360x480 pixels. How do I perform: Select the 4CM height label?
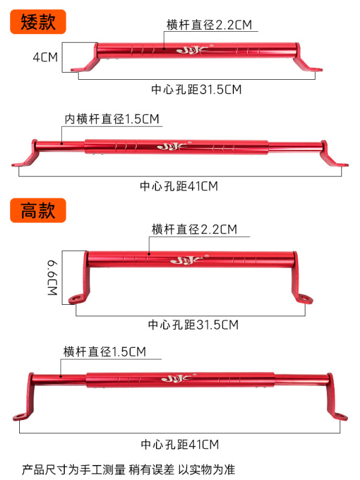(x=45, y=58)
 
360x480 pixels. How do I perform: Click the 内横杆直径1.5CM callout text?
(x=112, y=119)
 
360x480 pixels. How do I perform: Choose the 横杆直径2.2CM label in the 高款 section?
(x=194, y=229)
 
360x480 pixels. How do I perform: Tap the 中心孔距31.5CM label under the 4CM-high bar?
(x=196, y=89)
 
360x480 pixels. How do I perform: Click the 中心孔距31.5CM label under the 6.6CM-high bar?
(x=193, y=325)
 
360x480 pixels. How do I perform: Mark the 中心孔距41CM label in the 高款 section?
(x=180, y=445)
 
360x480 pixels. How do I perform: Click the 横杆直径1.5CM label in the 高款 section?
(x=104, y=351)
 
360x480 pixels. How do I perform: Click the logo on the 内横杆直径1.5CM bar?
(x=169, y=146)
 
